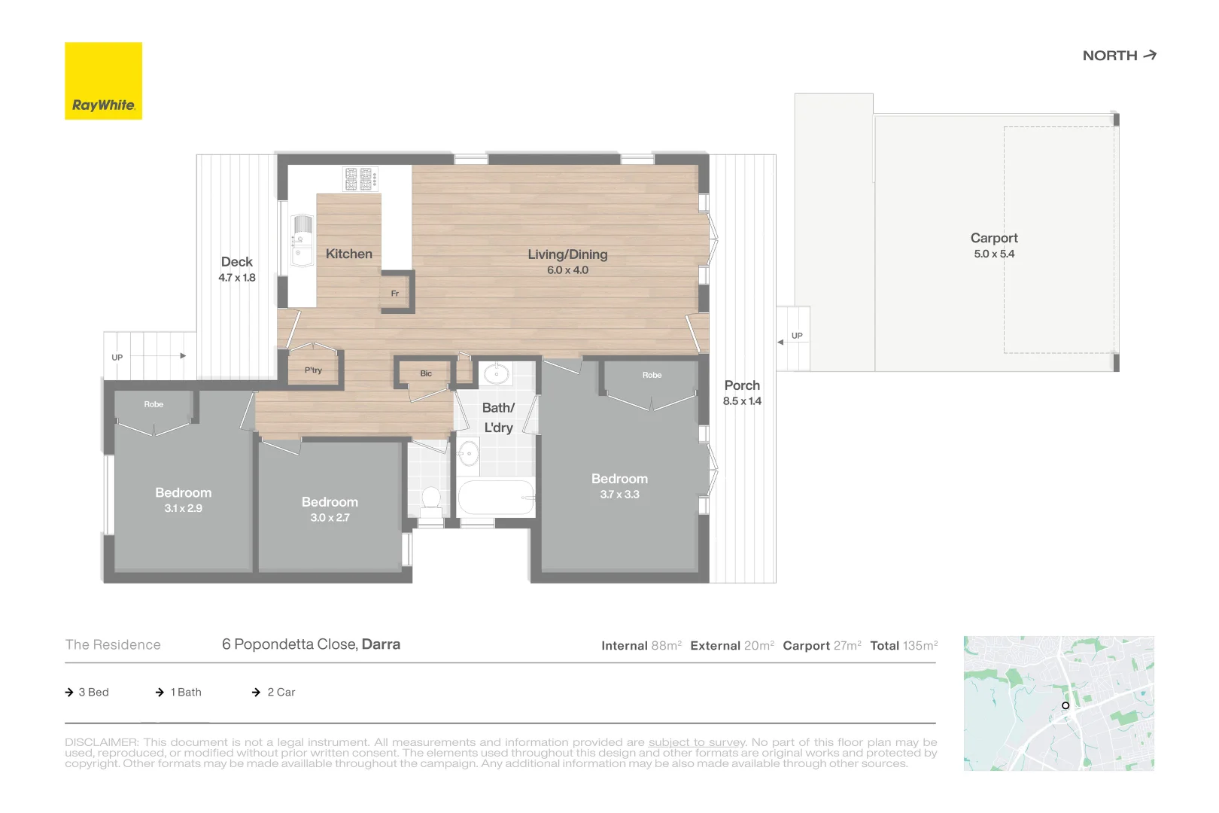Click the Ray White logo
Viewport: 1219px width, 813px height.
(x=103, y=81)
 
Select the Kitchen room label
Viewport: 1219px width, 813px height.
(x=348, y=254)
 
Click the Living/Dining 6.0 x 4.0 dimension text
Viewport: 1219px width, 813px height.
(x=567, y=270)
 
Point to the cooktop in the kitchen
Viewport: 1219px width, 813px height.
(x=360, y=179)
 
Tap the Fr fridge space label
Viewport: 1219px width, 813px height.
(x=394, y=294)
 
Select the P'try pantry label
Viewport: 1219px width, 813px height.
(x=313, y=370)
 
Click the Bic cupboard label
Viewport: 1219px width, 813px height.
(x=426, y=373)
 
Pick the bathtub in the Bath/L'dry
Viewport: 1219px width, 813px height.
(x=496, y=498)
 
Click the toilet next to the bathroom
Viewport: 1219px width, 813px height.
(x=431, y=499)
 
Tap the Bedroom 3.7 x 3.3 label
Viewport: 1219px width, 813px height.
(x=619, y=486)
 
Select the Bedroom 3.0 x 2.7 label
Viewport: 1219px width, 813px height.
(x=330, y=510)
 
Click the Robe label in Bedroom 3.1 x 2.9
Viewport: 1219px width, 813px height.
(x=154, y=404)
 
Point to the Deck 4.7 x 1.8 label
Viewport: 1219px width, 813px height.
(x=237, y=269)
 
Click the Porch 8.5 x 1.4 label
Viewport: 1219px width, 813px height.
(x=742, y=392)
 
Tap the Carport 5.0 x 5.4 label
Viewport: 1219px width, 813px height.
(x=993, y=245)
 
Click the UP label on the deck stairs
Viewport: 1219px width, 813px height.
(x=117, y=358)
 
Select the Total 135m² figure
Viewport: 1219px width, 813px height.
(x=904, y=646)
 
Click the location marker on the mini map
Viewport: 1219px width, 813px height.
(x=1065, y=705)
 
